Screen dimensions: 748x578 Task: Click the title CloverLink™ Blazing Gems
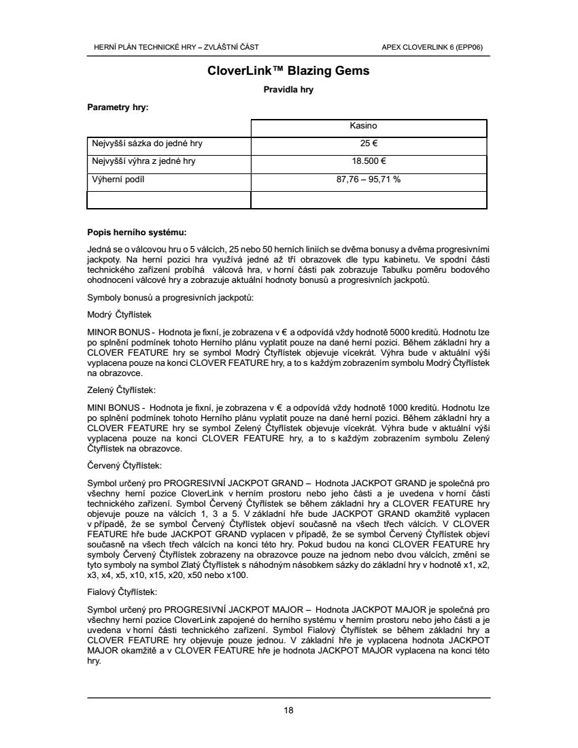[x=288, y=71]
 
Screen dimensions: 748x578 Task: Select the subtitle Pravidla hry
[x=288, y=89]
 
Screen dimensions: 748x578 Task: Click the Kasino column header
[x=363, y=126]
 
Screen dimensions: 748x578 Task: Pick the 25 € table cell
[x=369, y=143]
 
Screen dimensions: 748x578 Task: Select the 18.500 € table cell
[x=369, y=162]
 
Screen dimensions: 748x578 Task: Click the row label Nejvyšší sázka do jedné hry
[x=147, y=143]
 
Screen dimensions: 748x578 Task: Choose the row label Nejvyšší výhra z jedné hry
[x=146, y=162]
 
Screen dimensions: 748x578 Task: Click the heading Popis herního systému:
[x=137, y=232]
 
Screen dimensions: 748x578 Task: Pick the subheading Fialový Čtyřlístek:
[x=122, y=592]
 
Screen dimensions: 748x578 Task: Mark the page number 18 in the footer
[x=288, y=711]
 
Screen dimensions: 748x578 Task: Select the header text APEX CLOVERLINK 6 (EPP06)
[x=437, y=47]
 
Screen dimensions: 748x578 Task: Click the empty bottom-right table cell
[x=369, y=199]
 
